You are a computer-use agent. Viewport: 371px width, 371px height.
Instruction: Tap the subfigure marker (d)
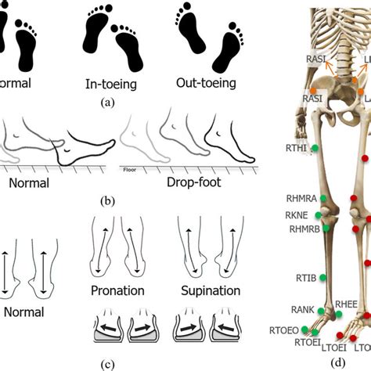point(337,363)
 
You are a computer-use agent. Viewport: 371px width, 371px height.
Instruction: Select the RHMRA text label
point(301,200)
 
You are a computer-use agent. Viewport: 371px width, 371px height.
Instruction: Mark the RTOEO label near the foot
point(283,331)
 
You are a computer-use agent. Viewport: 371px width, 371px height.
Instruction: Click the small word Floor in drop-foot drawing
point(128,167)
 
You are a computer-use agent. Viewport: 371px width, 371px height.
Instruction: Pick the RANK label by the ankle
point(301,311)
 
